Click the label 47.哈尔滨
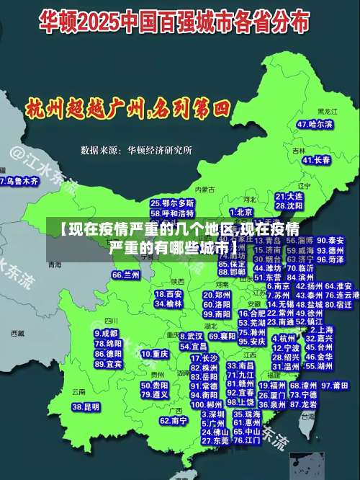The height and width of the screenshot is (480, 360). [x=315, y=124]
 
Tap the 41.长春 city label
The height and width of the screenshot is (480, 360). [x=316, y=159]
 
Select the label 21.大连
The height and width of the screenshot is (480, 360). [x=289, y=195]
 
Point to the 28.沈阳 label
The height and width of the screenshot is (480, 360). [x=289, y=205]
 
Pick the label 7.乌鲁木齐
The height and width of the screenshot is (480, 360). [x=19, y=181]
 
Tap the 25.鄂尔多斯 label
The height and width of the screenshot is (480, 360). [x=172, y=203]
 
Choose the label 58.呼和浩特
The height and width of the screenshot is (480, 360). [x=172, y=213]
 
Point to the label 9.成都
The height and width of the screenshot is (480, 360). [x=107, y=333]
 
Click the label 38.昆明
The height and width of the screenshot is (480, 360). [x=86, y=406]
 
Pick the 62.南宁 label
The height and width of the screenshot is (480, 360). [x=174, y=420]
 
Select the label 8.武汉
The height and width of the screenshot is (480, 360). [x=191, y=336]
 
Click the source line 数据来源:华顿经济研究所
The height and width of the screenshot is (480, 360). [x=136, y=151]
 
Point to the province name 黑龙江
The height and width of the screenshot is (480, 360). [x=327, y=112]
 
